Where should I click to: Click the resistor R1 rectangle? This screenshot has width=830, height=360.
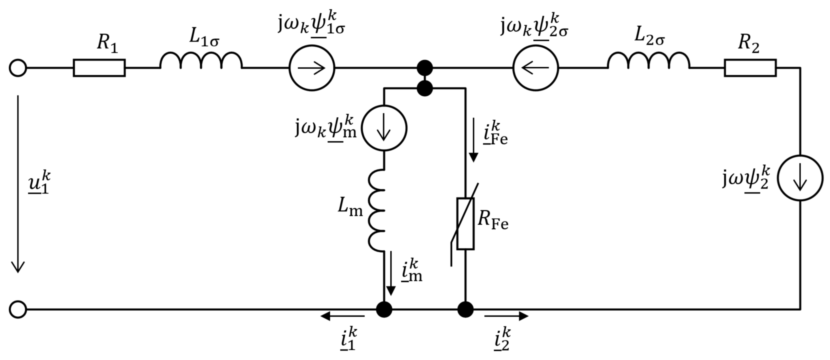[x=99, y=68]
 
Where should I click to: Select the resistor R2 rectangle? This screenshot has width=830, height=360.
[x=750, y=68]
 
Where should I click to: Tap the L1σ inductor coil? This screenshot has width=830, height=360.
[x=201, y=61]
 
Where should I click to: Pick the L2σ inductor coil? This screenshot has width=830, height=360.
[x=649, y=61]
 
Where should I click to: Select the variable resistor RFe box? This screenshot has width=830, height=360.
[x=465, y=224]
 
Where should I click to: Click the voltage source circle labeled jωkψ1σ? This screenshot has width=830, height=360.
[x=312, y=68]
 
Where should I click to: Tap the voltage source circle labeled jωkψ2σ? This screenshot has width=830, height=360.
[x=535, y=68]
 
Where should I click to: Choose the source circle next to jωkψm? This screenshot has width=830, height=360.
[x=384, y=128]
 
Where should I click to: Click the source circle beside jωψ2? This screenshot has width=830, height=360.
[x=800, y=178]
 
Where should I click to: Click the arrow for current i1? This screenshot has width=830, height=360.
[x=342, y=316]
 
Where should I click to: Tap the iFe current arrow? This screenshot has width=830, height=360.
[x=473, y=140]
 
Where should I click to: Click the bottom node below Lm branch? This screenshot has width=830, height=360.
[x=384, y=310]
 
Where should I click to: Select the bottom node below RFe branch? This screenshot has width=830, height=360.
[x=465, y=310]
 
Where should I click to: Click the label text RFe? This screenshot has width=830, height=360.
[x=493, y=220]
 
